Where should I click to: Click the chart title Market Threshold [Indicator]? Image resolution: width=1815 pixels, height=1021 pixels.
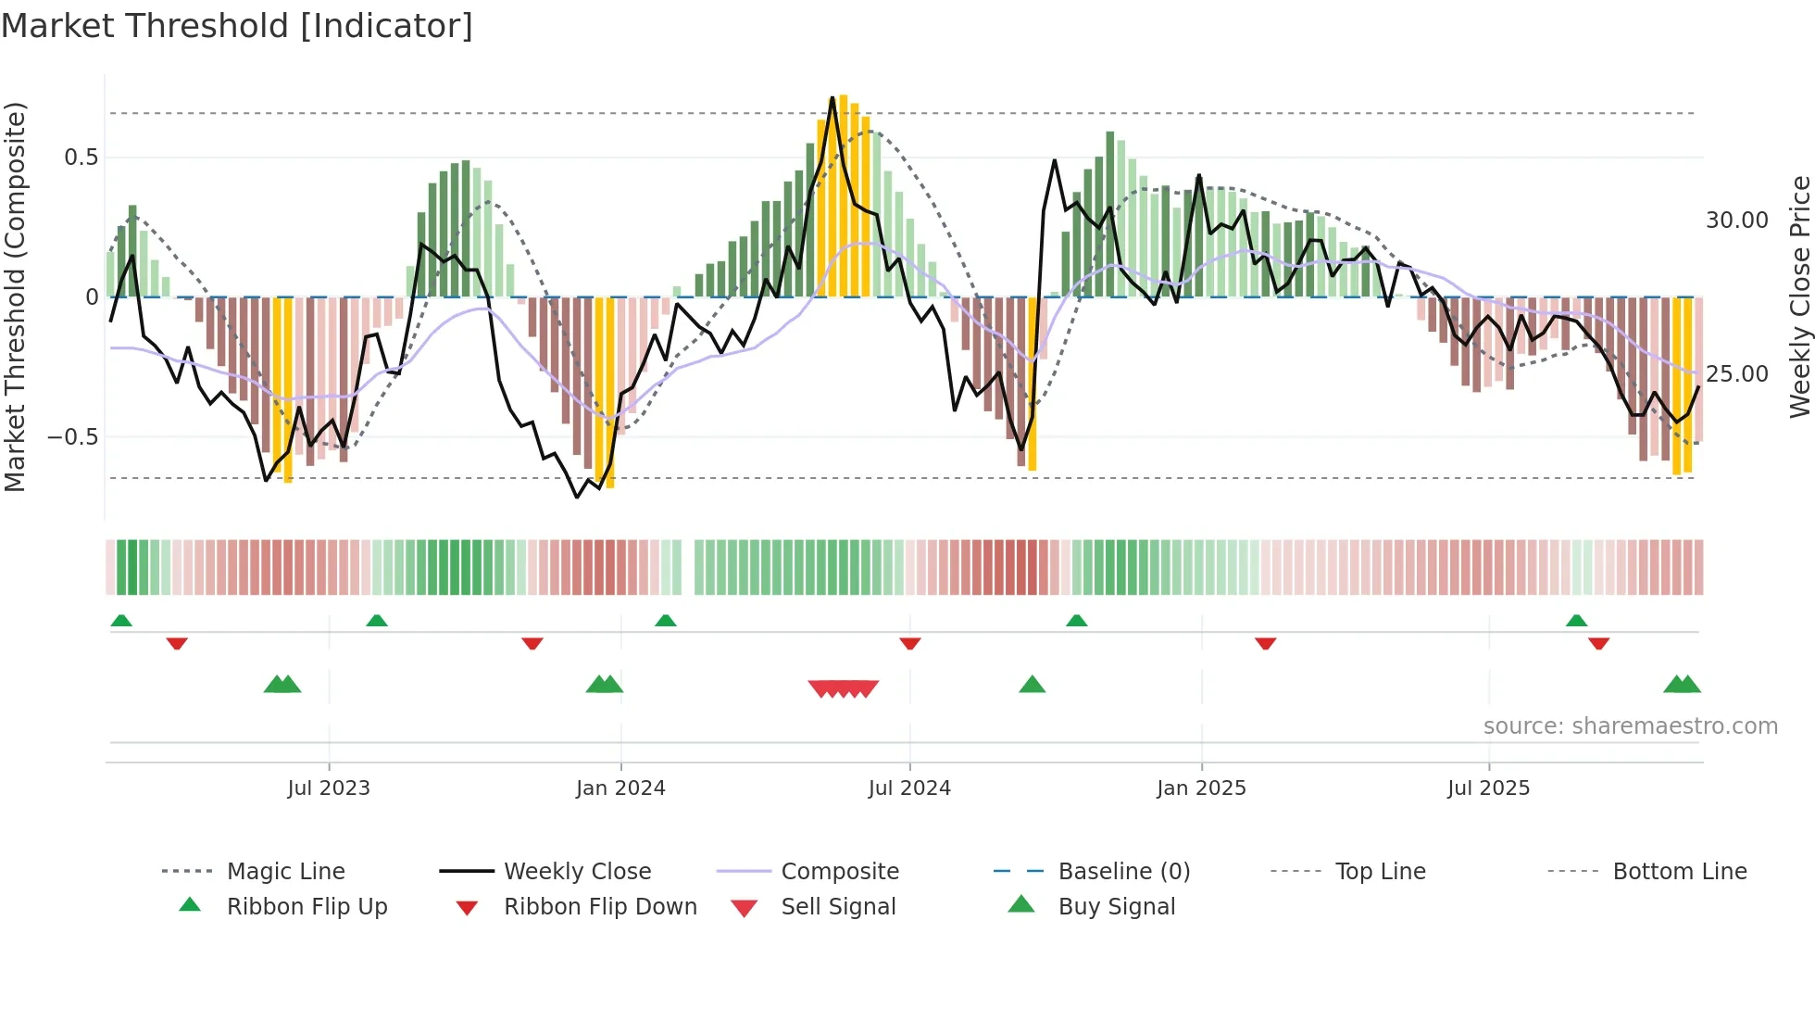[x=237, y=26]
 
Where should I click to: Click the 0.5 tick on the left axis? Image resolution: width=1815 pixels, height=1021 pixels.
[x=81, y=158]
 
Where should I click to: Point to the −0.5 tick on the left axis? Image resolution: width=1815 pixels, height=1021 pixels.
[x=73, y=436]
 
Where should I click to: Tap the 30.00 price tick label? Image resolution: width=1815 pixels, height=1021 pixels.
[x=1736, y=221]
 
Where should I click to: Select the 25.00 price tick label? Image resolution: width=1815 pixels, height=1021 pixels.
[x=1736, y=374]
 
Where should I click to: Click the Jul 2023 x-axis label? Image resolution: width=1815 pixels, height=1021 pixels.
[x=329, y=788]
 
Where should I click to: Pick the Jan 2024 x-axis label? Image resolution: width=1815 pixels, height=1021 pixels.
[x=620, y=788]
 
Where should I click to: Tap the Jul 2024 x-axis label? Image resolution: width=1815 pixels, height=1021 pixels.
[x=909, y=788]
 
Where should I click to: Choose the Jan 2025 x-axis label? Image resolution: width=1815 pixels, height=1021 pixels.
[x=1201, y=788]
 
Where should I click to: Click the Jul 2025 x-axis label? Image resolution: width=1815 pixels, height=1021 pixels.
[x=1489, y=788]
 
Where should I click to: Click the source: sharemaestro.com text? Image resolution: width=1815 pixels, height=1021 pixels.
[x=1630, y=726]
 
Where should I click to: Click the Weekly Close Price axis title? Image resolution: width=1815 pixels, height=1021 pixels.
[x=1799, y=296]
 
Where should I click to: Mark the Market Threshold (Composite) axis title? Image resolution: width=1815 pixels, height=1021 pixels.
[x=15, y=296]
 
